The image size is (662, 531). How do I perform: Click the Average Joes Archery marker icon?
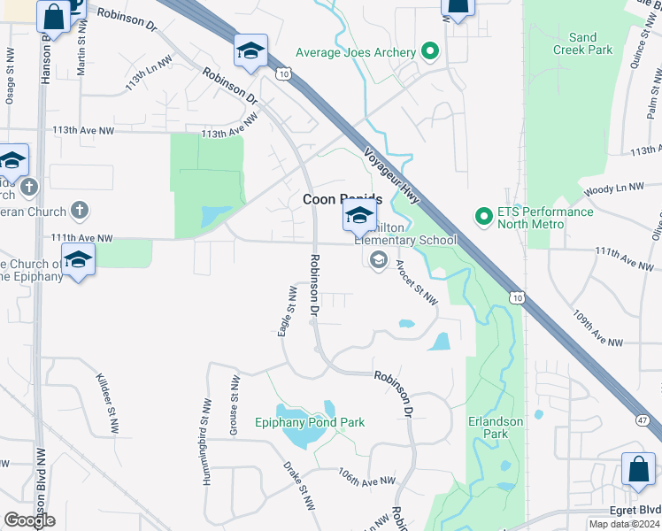pos(430,52)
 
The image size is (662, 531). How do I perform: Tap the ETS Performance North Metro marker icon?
pos(483,215)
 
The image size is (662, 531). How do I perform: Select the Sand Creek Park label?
pos(584,43)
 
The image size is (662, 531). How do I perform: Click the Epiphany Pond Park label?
pos(309,422)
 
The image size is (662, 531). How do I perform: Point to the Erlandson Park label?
pos(496,427)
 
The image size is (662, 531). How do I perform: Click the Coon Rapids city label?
pos(343,199)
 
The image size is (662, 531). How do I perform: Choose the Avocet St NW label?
pos(416,286)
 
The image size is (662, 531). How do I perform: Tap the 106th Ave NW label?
pos(366,479)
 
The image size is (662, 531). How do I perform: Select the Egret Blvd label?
pos(635,511)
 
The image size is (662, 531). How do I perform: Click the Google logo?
pos(28,520)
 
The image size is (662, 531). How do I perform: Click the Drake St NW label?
pos(299,487)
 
